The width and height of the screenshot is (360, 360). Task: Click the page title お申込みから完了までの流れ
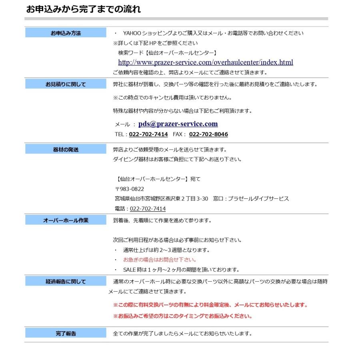click(x=83, y=9)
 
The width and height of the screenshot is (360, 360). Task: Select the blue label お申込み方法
click(x=66, y=33)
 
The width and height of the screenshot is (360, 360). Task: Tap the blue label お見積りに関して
click(x=66, y=84)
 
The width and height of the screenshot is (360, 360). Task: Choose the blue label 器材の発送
click(x=66, y=150)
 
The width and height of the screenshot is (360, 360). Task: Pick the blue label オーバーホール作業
click(x=66, y=220)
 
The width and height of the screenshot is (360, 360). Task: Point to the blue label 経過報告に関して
click(x=66, y=282)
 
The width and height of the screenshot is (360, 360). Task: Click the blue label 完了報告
click(x=66, y=333)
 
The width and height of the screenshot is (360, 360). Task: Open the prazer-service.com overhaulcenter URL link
click(x=205, y=62)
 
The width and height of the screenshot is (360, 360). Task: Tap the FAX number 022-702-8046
click(x=208, y=134)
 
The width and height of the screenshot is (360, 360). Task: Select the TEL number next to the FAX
click(x=148, y=134)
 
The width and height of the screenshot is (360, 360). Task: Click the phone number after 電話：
click(x=148, y=209)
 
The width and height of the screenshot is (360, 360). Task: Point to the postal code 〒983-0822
click(x=130, y=189)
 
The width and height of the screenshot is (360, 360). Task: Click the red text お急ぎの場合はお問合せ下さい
click(x=160, y=260)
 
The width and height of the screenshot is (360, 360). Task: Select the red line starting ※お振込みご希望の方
click(x=183, y=316)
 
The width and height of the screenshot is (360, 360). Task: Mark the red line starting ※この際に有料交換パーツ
click(x=210, y=305)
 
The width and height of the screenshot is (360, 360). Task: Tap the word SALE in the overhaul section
click(x=130, y=270)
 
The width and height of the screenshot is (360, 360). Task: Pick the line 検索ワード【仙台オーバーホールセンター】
click(x=168, y=52)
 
